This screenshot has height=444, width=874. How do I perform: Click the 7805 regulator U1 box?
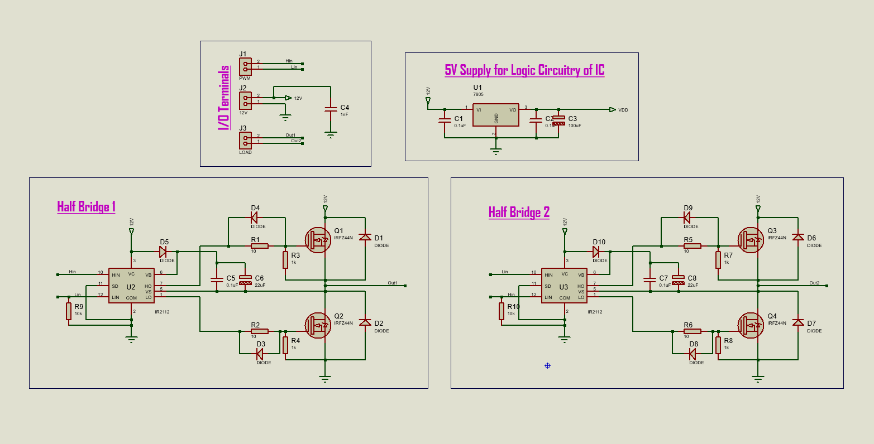[496, 114]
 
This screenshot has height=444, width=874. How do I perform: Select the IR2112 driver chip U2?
[131, 286]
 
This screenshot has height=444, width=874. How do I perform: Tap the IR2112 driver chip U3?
[564, 286]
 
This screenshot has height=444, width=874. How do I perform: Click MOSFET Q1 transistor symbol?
[318, 239]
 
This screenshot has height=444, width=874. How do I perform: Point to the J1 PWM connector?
[245, 66]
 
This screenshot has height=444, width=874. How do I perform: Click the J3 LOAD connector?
[245, 139]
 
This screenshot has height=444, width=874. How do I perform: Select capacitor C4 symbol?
[331, 110]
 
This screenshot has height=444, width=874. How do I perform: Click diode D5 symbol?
[163, 252]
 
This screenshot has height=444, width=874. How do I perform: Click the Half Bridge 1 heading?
[86, 207]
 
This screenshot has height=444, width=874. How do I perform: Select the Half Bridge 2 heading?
[519, 213]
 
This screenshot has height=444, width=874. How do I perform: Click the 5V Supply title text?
[524, 70]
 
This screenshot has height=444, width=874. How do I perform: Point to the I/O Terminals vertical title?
[224, 98]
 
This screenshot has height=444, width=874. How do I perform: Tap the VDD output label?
[623, 110]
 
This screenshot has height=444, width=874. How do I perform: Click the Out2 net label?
[814, 283]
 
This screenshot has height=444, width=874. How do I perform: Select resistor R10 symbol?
[502, 311]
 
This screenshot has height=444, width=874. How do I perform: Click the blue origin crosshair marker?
[547, 365]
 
